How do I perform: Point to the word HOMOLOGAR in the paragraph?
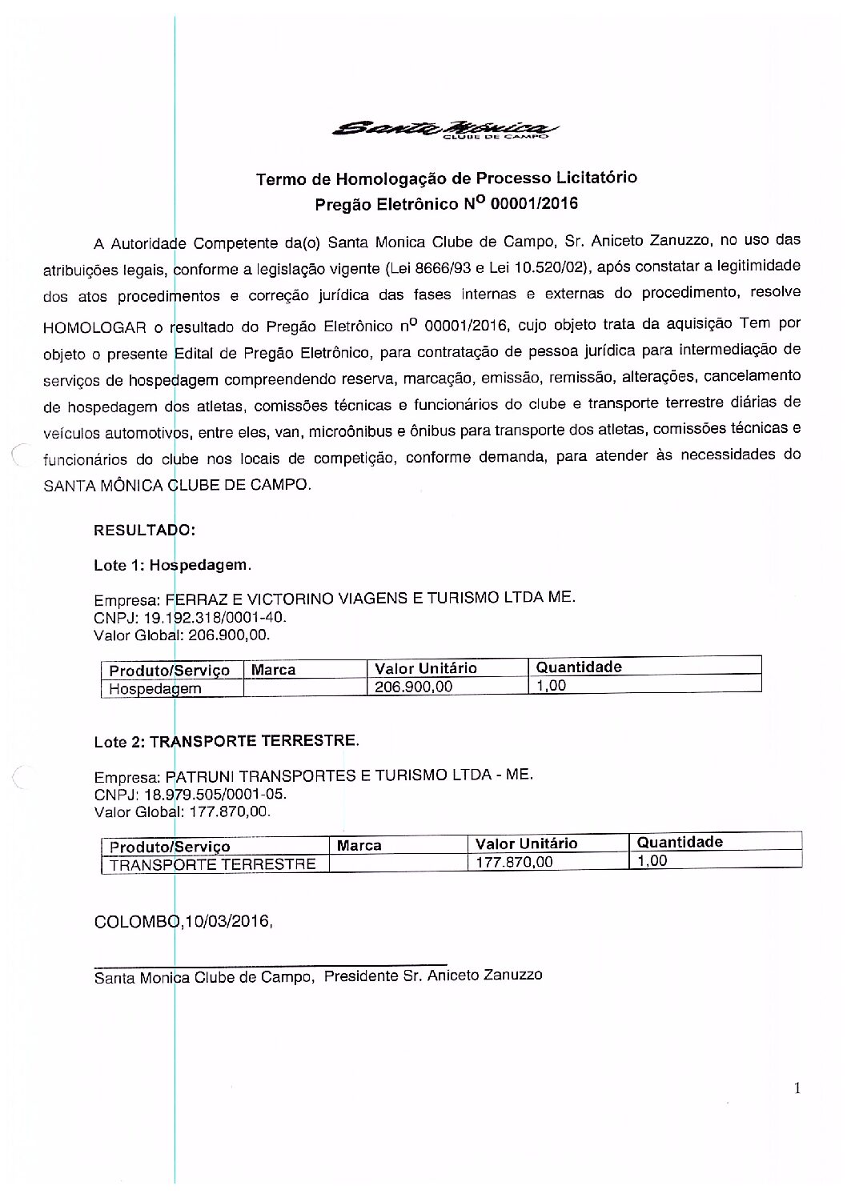point(94,327)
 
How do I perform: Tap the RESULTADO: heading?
point(144,530)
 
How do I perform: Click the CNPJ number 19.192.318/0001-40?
point(208,618)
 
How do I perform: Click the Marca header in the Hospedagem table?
point(274,670)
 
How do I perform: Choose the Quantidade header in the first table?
point(579,667)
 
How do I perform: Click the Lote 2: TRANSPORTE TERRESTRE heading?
point(227,741)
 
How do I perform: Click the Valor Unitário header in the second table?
point(526,843)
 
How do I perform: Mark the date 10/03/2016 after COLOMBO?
point(227,921)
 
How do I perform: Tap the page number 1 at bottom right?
point(797,1088)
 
